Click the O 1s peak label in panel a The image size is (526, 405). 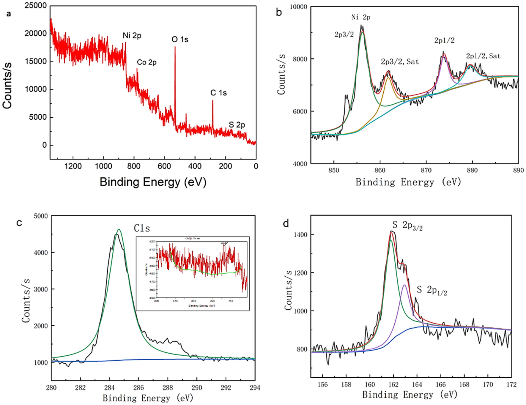point(180,40)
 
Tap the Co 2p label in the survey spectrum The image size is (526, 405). point(147,62)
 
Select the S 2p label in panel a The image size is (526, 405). point(237,125)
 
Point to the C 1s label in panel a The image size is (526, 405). point(218,93)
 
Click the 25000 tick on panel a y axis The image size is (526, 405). point(35,6)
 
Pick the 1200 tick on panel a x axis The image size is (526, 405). point(73,166)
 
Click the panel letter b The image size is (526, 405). point(279,12)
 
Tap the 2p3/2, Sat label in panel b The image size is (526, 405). point(400,62)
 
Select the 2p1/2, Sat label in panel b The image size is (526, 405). point(483,56)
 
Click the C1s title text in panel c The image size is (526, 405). point(142,228)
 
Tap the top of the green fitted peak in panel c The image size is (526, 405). point(119,229)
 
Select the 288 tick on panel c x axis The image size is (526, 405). point(168,387)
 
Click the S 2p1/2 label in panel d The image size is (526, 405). point(432,290)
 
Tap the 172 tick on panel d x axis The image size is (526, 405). point(511,384)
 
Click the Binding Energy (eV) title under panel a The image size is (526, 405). point(153,182)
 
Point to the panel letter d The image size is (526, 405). point(286,223)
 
